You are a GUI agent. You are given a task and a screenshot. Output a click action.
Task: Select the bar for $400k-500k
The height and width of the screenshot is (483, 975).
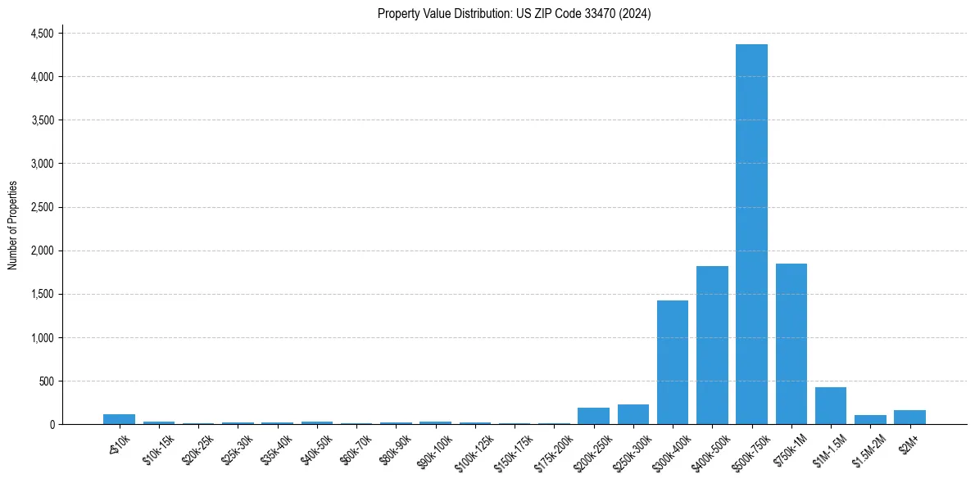coord(712,345)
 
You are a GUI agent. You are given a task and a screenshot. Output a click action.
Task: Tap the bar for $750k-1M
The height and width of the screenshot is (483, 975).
coord(791,344)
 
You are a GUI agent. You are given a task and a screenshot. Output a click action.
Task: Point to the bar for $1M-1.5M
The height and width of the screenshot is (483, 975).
coord(830,406)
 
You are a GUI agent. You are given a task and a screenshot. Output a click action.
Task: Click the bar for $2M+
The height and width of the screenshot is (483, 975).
coord(909,418)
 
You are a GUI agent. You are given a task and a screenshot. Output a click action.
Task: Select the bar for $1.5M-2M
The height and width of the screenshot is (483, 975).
coord(870,420)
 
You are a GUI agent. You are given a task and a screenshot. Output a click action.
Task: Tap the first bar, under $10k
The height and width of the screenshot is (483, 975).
coord(119,419)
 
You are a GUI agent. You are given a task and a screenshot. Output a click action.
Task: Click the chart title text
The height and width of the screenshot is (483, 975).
coord(514,14)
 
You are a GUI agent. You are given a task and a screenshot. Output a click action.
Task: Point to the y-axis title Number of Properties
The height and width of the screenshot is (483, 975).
coord(13,225)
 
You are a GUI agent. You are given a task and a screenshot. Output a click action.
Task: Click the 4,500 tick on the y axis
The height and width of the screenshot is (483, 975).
coord(42,34)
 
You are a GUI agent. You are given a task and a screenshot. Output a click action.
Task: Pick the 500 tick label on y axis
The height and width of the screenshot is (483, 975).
coord(46,381)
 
